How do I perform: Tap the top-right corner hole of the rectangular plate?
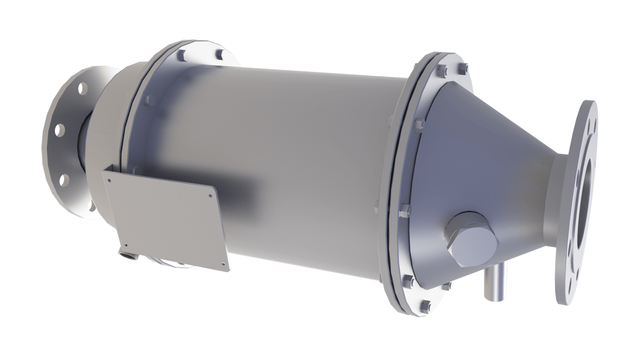tap(211, 195)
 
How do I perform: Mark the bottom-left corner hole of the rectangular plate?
tap(126, 245)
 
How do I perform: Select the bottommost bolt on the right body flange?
tap(427, 304)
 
